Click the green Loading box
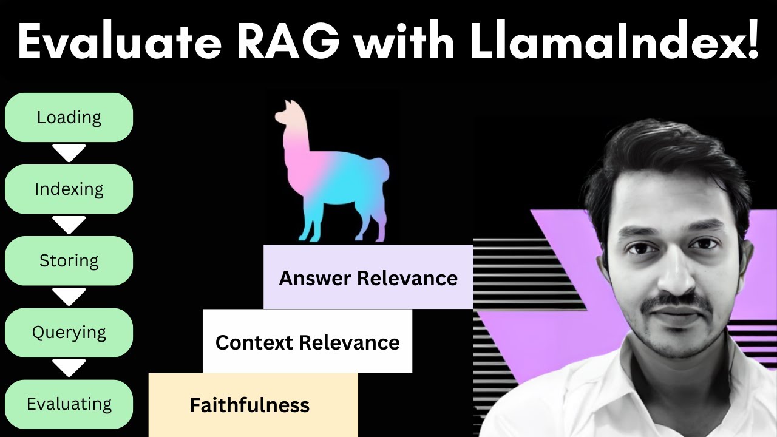coord(69,117)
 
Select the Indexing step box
coord(69,189)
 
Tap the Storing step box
coord(69,260)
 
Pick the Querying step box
coord(69,332)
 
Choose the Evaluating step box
coord(69,404)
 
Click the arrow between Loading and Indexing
coord(69,153)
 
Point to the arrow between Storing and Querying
coord(69,296)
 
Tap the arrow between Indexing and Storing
coord(69,225)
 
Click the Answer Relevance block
coord(368,278)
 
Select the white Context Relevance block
coord(307,342)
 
